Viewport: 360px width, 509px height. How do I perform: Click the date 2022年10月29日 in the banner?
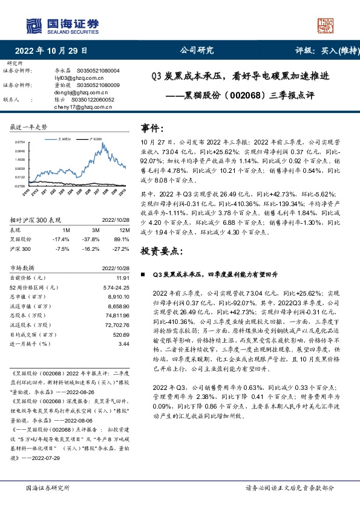tap(51, 51)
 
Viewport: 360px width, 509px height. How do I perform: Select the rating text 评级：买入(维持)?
tap(326, 51)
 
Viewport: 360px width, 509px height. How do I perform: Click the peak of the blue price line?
tap(105, 144)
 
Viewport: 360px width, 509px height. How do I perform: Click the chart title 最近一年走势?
tap(28, 127)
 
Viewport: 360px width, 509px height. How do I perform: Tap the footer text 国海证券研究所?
tap(45, 487)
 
